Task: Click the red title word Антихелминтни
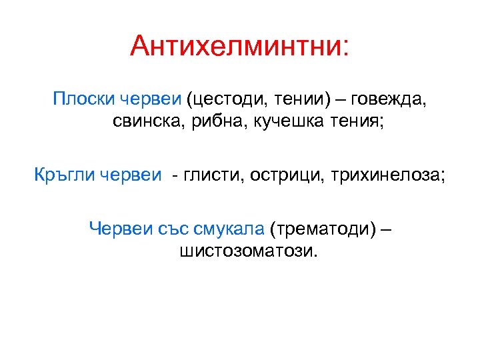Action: (x=236, y=47)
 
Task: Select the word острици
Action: (x=279, y=175)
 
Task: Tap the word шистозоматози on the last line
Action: (x=245, y=251)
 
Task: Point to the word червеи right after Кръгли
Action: (x=131, y=175)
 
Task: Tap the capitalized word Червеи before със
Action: (x=121, y=230)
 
